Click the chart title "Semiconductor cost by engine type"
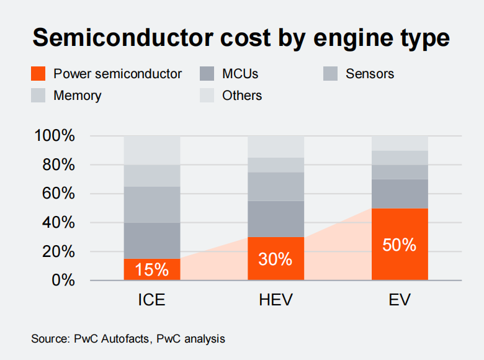click(x=241, y=38)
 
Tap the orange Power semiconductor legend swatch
click(x=38, y=74)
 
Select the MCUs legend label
click(x=240, y=74)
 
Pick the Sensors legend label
click(x=370, y=74)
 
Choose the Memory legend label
click(x=77, y=96)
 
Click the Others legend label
click(x=242, y=96)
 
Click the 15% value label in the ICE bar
click(x=152, y=271)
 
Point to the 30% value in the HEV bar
click(x=276, y=259)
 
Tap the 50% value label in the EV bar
click(x=400, y=245)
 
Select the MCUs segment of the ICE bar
click(x=152, y=241)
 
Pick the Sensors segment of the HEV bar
click(x=276, y=186)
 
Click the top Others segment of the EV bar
click(x=400, y=143)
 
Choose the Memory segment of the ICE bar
click(x=152, y=176)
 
